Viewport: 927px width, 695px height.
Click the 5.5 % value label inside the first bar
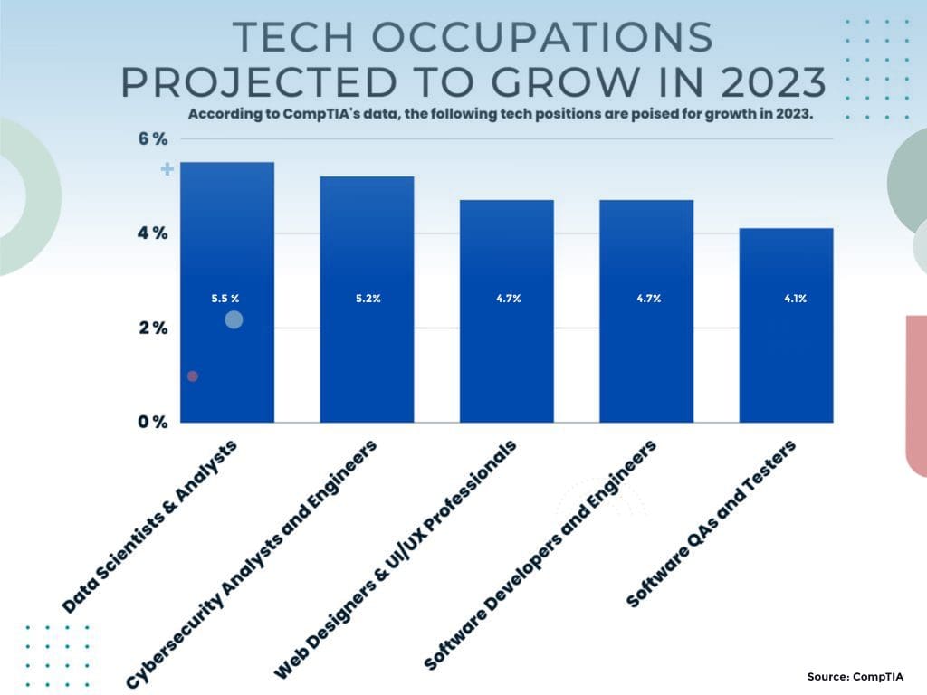pyautogui.click(x=225, y=298)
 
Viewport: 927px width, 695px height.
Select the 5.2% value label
pyautogui.click(x=368, y=298)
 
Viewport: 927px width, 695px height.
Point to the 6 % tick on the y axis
pyautogui.click(x=153, y=139)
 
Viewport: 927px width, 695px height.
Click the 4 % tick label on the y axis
pyautogui.click(x=153, y=233)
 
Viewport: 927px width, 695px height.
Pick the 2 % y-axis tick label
pyautogui.click(x=153, y=328)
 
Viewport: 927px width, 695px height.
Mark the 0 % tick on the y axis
pyautogui.click(x=153, y=422)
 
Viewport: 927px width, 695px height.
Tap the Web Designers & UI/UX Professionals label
pyautogui.click(x=396, y=561)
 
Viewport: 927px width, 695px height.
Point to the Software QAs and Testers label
pyautogui.click(x=711, y=525)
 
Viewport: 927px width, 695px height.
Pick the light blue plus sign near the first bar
pyautogui.click(x=167, y=169)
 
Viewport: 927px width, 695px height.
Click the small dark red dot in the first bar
pyautogui.click(x=193, y=376)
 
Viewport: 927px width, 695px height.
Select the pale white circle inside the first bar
pyautogui.click(x=234, y=319)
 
